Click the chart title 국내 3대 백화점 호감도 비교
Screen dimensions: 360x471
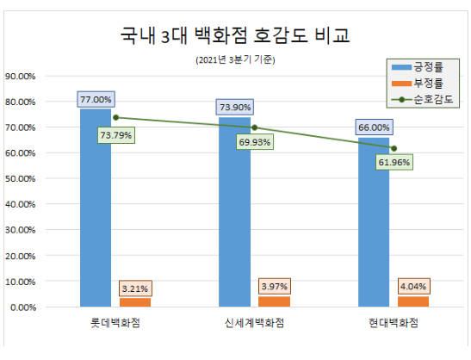coord(235,36)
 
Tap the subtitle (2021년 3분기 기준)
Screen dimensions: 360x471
coord(235,60)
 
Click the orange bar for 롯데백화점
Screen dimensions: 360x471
coord(134,302)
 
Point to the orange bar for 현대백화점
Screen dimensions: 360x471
coord(412,301)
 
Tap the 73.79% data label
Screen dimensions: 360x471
coord(115,134)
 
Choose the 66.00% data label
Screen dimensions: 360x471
coord(373,127)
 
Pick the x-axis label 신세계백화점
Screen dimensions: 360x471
coord(254,323)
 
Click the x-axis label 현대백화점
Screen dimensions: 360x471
coord(393,323)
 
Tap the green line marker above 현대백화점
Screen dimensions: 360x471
coord(393,148)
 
